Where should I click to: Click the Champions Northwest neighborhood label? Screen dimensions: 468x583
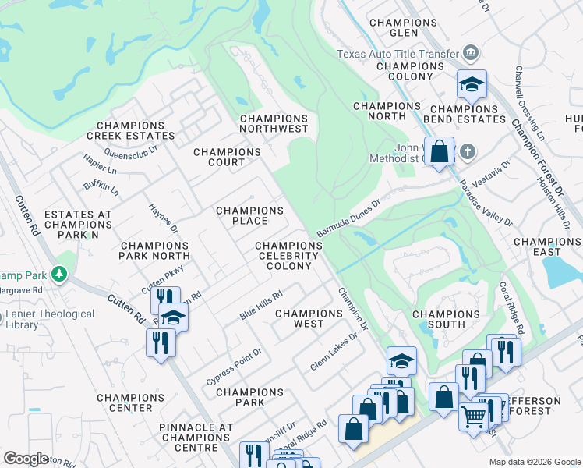[274, 123]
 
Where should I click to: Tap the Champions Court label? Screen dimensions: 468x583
[227, 157]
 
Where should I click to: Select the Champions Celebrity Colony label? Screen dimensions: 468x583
[289, 256]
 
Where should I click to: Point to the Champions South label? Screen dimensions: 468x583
[450, 319]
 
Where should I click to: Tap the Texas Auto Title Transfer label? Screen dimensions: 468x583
[397, 54]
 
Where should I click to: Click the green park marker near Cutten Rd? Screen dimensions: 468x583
[59, 275]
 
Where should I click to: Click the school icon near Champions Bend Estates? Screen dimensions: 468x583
[472, 83]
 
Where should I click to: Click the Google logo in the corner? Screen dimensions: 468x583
[26, 459]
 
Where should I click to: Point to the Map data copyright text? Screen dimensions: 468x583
[534, 462]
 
